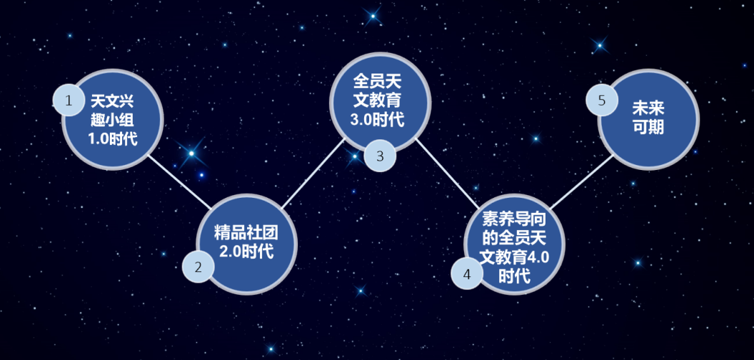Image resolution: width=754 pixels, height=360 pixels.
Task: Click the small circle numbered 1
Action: [x=69, y=100]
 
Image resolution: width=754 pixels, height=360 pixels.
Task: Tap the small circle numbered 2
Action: [x=198, y=267]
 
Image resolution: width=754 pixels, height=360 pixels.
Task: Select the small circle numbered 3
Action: [x=380, y=156]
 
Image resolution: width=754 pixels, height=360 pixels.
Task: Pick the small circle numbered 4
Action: [x=467, y=273]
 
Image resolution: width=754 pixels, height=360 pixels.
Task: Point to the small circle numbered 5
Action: [x=601, y=100]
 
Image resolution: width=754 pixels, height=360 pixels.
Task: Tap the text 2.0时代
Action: [x=246, y=251]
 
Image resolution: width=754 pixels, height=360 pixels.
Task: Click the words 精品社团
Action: [x=246, y=232]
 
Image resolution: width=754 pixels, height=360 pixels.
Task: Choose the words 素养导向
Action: [x=513, y=218]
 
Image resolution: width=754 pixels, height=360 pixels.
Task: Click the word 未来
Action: [x=648, y=109]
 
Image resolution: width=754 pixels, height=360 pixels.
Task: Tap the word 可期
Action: [x=648, y=127]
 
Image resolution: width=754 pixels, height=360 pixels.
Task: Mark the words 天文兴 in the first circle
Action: [x=113, y=99]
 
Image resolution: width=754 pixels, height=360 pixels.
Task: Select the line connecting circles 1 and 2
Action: [x=179, y=182]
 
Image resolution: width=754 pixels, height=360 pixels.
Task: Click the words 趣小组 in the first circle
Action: [x=113, y=118]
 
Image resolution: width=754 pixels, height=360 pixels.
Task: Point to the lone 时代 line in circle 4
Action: [x=513, y=276]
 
